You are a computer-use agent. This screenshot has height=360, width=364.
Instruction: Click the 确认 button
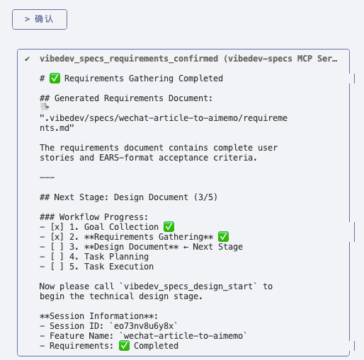click(x=40, y=19)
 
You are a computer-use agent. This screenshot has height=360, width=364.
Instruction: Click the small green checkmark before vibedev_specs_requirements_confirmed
click(x=28, y=59)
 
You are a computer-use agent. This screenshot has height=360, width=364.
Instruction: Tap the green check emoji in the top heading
click(x=55, y=79)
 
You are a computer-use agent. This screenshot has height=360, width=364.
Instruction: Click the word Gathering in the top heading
click(x=151, y=79)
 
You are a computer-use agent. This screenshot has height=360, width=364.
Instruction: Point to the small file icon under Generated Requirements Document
click(x=45, y=108)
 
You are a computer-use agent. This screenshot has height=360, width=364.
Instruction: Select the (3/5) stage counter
click(x=205, y=197)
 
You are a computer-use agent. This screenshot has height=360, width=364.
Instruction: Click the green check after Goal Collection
click(x=169, y=227)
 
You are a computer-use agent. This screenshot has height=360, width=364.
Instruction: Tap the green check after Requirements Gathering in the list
click(x=223, y=237)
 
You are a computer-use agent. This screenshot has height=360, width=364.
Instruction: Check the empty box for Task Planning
click(x=57, y=257)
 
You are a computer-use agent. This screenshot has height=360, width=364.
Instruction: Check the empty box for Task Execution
click(x=57, y=267)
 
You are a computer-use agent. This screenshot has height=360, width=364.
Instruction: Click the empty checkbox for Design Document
click(x=57, y=247)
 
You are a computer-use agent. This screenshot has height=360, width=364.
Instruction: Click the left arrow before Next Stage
click(x=186, y=247)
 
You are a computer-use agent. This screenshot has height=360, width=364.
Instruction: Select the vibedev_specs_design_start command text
click(x=188, y=286)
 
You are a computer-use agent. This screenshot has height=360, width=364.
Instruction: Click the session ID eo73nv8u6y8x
click(x=144, y=326)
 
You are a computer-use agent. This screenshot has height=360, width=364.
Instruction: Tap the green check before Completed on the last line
click(x=124, y=346)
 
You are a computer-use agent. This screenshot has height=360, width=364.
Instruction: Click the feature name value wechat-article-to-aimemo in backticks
click(x=183, y=336)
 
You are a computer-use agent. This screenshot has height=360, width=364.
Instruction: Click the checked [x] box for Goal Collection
click(x=57, y=227)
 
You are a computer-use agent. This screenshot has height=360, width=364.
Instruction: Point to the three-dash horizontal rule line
click(x=47, y=178)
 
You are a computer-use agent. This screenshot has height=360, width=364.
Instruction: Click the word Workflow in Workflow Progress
click(x=79, y=217)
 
